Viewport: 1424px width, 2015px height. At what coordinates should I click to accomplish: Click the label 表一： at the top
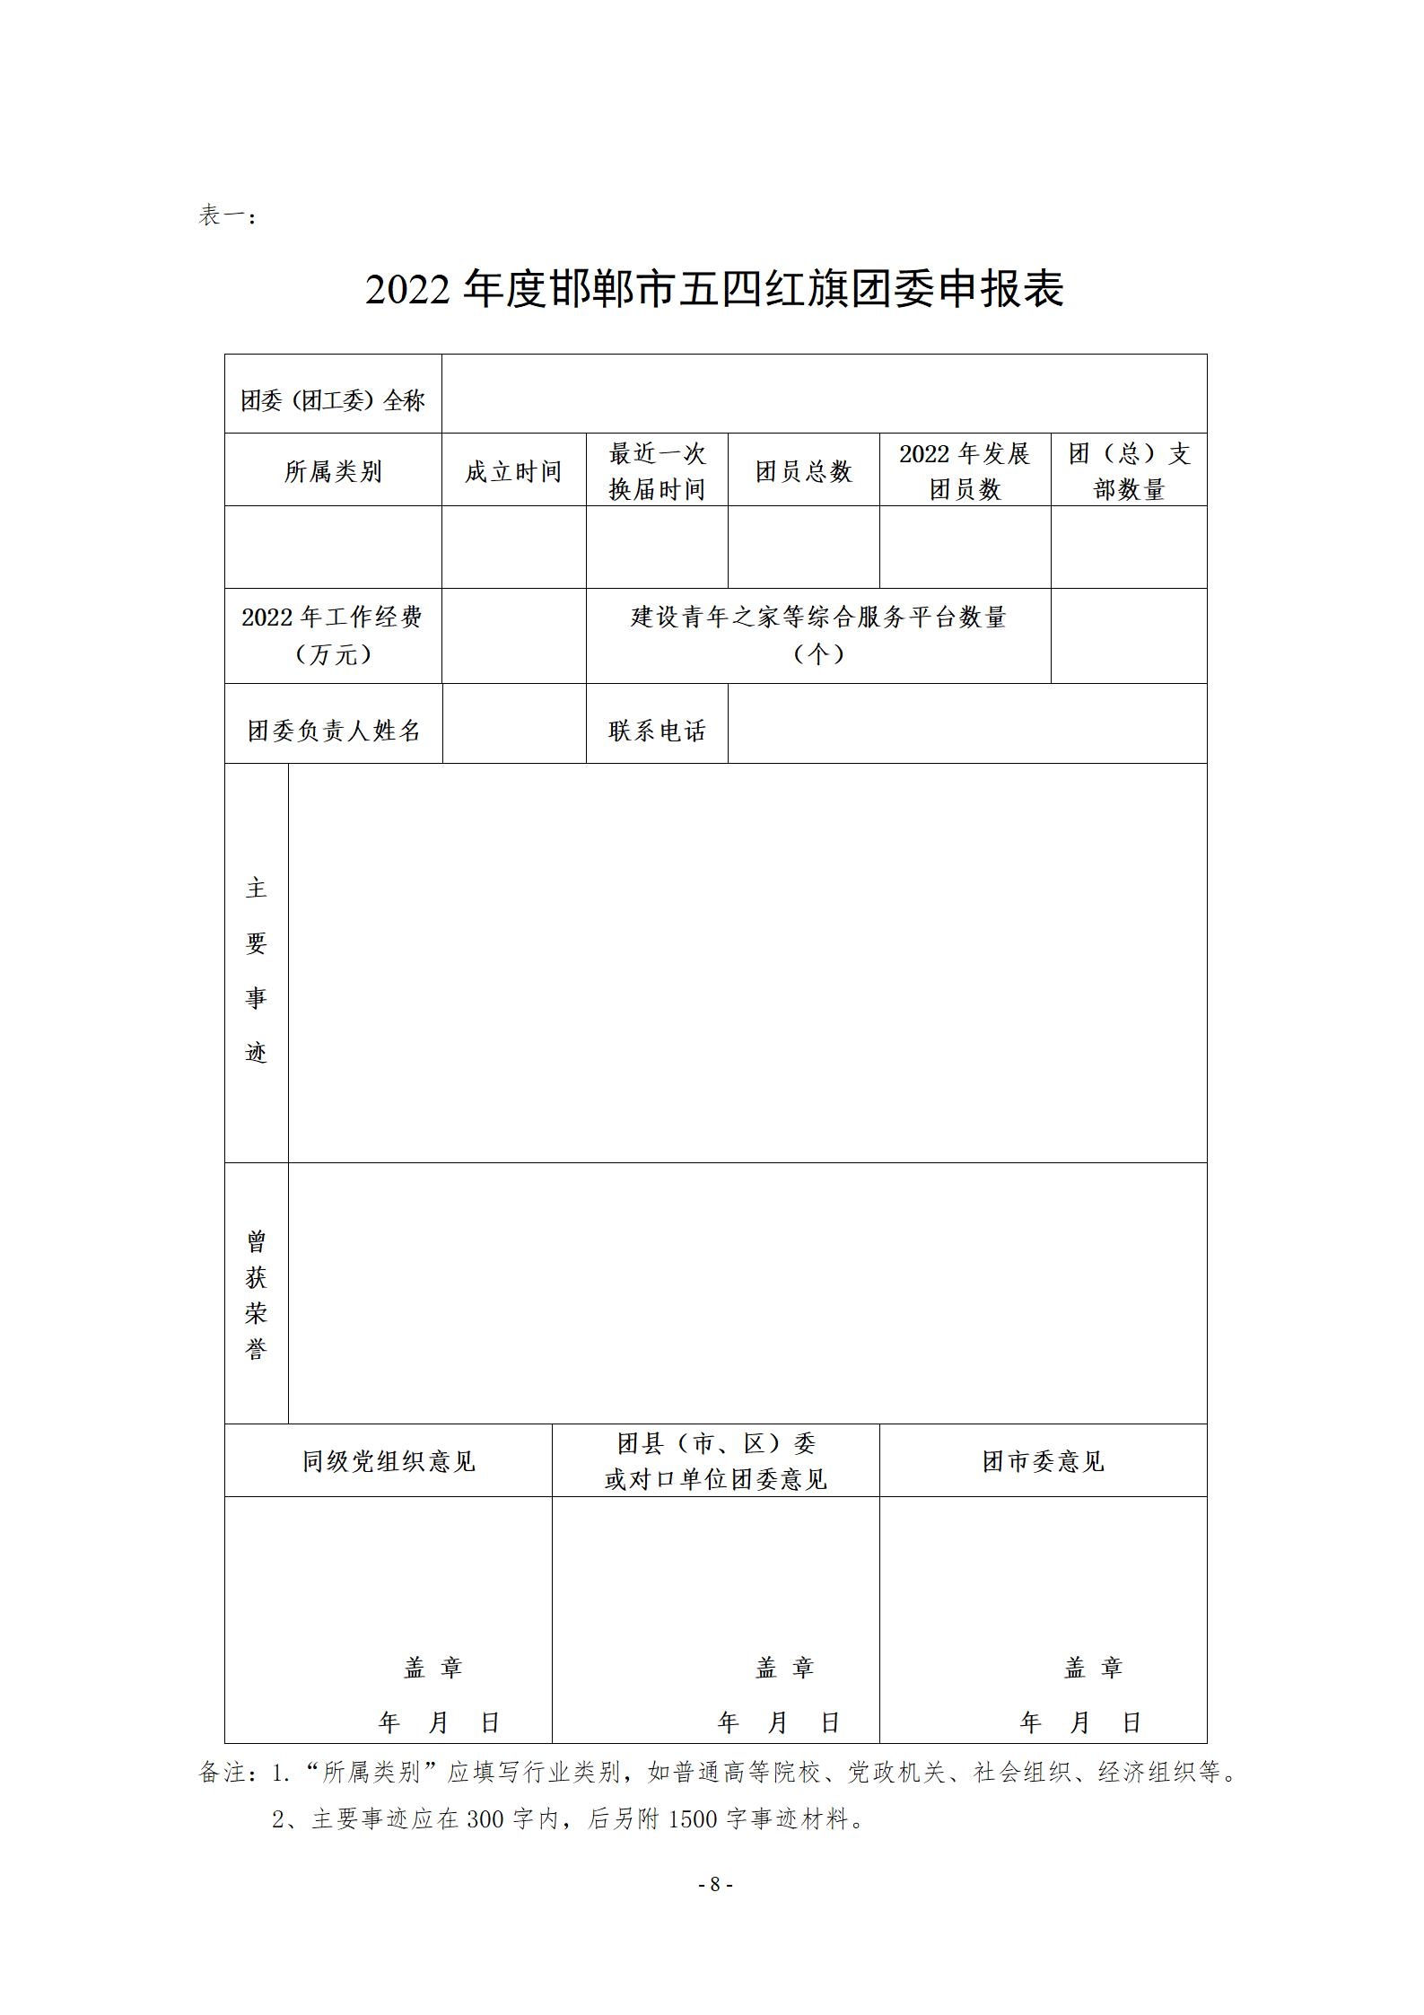[x=228, y=216]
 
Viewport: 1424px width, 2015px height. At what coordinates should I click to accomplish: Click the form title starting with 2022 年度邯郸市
[x=714, y=290]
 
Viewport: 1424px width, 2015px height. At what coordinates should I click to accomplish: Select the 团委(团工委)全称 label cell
[x=333, y=399]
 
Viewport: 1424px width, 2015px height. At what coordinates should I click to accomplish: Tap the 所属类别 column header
[x=333, y=471]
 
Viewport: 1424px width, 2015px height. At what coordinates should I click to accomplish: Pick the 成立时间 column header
[x=513, y=471]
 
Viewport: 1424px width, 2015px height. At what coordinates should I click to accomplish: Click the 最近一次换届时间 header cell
[x=657, y=471]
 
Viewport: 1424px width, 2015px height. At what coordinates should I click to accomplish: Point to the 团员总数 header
[x=803, y=471]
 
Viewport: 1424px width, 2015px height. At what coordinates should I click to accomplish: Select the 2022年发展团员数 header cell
[x=965, y=471]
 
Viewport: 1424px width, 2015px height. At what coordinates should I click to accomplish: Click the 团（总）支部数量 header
[x=1129, y=471]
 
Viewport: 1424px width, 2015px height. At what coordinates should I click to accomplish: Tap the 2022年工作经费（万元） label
[x=333, y=635]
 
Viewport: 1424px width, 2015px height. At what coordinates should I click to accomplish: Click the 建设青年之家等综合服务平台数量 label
[x=818, y=635]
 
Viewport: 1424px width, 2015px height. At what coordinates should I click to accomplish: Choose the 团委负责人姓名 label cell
[x=334, y=731]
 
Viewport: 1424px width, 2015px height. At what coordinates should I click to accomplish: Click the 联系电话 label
[x=657, y=731]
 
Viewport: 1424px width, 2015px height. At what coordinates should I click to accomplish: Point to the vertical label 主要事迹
[x=257, y=969]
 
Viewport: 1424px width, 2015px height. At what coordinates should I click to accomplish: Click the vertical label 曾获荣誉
[x=257, y=1295]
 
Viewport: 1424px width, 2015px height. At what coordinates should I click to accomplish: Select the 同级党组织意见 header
[x=388, y=1461]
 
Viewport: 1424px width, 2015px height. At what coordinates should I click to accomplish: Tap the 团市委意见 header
[x=1043, y=1461]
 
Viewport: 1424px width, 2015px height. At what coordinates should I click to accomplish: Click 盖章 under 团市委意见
[x=1093, y=1668]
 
